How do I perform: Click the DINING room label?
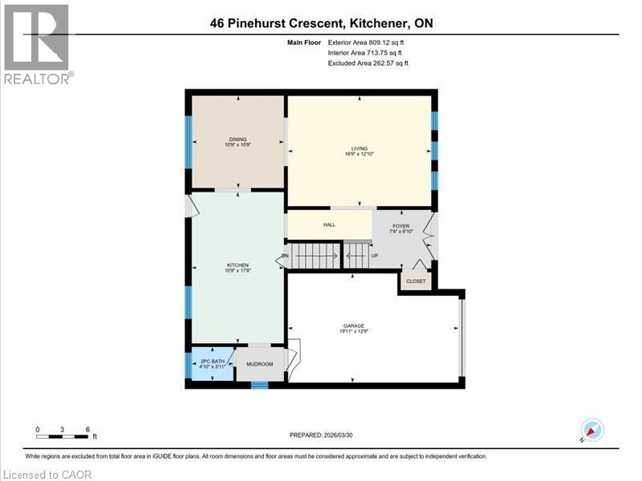coord(237,139)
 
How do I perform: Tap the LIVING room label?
coord(359,148)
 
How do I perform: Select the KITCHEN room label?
coord(237,265)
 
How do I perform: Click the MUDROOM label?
coord(260,365)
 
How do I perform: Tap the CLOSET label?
coord(416,281)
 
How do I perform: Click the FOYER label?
coord(401,226)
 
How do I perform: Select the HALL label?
coord(329,225)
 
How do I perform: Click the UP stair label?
coord(374,256)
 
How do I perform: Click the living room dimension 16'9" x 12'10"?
coord(359,154)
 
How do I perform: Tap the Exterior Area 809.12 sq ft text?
coord(368,42)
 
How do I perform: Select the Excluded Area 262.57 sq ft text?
coord(368,63)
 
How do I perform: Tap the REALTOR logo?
coord(37,44)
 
